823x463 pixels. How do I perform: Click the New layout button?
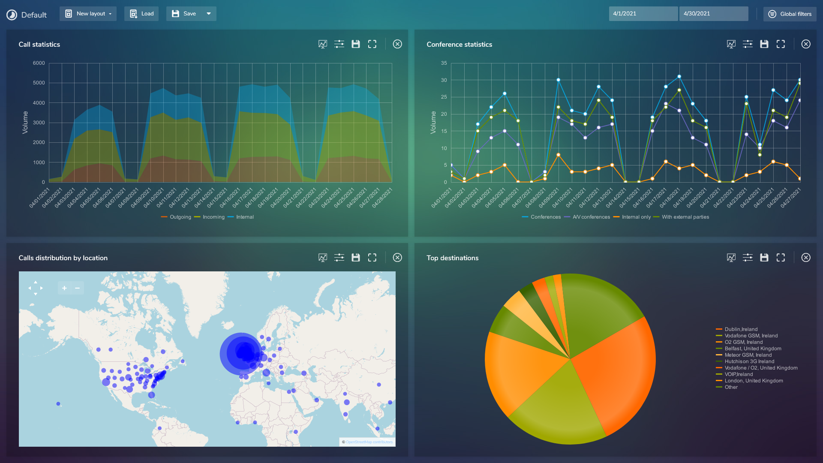(x=88, y=14)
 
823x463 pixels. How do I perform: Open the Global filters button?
(x=790, y=14)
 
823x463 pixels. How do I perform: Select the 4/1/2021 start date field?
(x=643, y=14)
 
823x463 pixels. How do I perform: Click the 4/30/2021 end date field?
(x=713, y=14)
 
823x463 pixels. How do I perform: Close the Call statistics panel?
(x=397, y=44)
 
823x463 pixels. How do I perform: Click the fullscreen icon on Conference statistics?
(x=781, y=44)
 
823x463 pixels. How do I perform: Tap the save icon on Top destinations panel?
(x=764, y=258)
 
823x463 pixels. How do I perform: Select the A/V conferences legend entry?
(x=591, y=217)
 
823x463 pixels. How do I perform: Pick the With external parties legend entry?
(x=685, y=217)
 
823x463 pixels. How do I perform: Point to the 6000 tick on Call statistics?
(x=39, y=63)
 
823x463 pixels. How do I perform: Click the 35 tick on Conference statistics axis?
(x=444, y=63)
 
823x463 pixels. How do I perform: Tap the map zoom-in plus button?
(x=64, y=288)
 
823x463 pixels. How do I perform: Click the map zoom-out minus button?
(x=77, y=288)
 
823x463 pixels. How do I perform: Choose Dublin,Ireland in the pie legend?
(x=741, y=329)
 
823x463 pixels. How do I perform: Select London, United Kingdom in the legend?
(x=754, y=381)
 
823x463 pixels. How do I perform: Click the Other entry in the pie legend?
(x=731, y=387)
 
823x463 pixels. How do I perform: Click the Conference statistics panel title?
(x=459, y=45)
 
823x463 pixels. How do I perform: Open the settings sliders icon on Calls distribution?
(x=339, y=258)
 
